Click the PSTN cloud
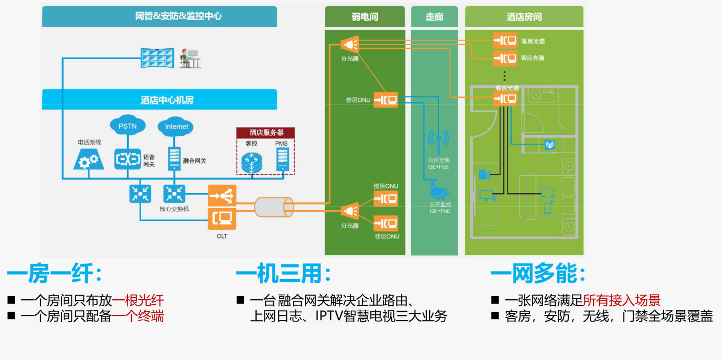click(127, 126)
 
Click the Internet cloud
click(176, 126)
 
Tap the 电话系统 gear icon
click(89, 160)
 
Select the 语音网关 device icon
click(128, 159)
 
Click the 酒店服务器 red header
click(266, 133)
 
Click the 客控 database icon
click(251, 162)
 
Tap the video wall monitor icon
click(157, 58)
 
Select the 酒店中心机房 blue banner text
click(166, 100)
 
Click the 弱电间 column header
click(364, 17)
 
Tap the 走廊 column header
click(434, 17)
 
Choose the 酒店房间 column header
click(524, 17)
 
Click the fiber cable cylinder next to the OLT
click(273, 207)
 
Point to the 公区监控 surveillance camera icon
click(439, 192)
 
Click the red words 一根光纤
click(138, 301)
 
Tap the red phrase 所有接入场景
click(622, 301)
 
